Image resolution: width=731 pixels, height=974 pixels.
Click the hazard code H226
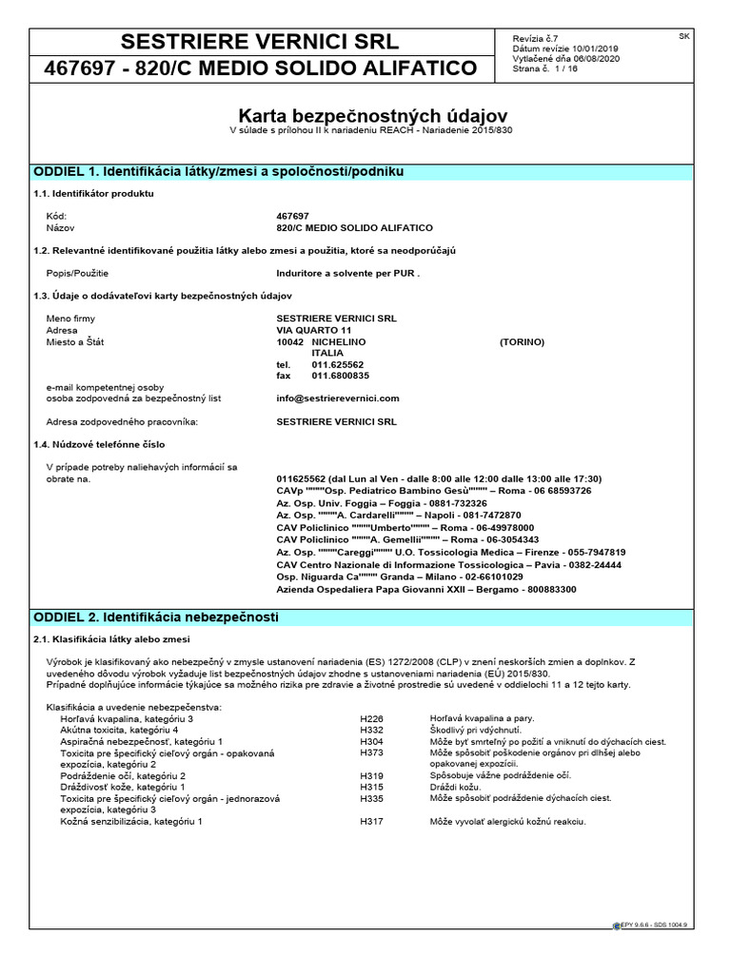(371, 719)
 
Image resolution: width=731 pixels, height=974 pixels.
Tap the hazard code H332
(371, 730)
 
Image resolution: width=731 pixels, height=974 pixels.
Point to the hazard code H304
(371, 742)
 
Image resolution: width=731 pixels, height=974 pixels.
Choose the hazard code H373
(371, 753)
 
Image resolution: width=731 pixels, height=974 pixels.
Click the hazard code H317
(371, 821)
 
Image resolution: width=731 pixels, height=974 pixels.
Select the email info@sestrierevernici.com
(338, 399)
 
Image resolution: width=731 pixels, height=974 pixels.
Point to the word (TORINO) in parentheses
(522, 341)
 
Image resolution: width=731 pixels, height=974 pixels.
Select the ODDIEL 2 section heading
(155, 618)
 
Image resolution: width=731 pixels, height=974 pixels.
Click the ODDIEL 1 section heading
(219, 171)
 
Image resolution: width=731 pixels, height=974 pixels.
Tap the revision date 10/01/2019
(592, 48)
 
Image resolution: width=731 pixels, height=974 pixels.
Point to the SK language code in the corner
(684, 36)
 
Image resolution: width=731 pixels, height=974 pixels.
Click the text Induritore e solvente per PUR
(347, 273)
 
